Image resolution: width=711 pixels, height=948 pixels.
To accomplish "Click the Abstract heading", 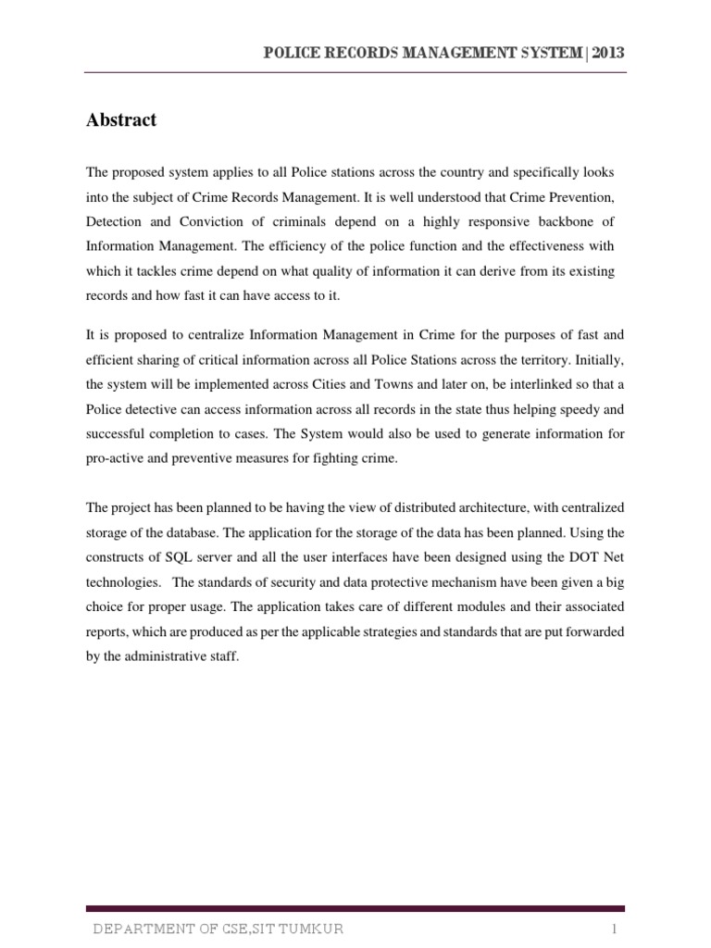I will [121, 120].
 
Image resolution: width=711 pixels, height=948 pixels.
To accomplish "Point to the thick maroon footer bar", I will [355, 909].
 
